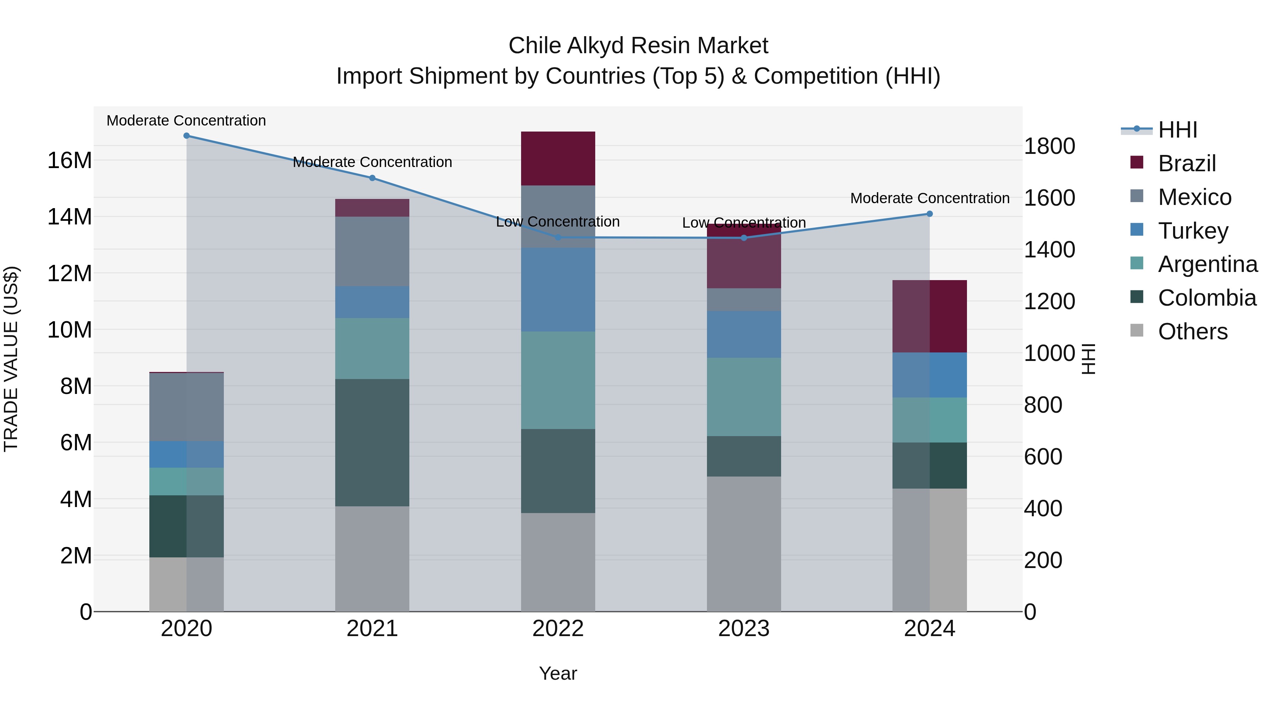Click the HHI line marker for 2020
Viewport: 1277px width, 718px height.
186,136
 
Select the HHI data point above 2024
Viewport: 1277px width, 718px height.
929,214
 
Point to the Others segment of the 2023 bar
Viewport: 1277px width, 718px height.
743,544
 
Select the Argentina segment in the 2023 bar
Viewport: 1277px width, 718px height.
743,397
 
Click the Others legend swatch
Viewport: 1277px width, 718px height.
1137,330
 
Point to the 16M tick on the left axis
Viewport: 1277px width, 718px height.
70,161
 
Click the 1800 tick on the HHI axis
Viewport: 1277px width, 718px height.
1050,146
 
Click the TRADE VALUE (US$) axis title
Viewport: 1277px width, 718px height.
11,359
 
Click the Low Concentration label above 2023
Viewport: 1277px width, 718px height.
743,222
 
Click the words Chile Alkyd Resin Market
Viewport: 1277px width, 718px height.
638,46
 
